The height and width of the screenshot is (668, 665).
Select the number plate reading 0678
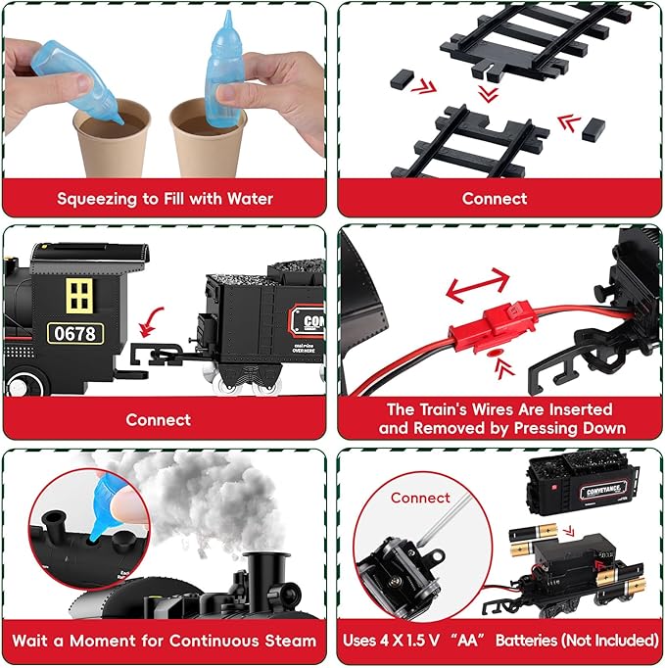click(x=75, y=333)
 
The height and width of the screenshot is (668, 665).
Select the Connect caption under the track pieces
click(x=495, y=198)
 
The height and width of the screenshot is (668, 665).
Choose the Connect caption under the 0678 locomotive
click(x=158, y=419)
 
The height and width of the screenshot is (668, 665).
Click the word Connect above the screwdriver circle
click(x=420, y=497)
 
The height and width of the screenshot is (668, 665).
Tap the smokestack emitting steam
click(x=262, y=579)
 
